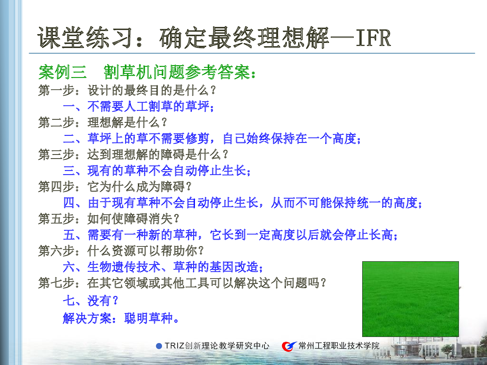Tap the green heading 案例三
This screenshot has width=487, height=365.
pos(63,72)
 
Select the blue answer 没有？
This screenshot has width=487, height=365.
pos(103,301)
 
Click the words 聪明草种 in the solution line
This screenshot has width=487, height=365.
pos(148,318)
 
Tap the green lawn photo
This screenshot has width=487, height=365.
pos(411,299)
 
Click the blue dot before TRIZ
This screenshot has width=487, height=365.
pos(159,346)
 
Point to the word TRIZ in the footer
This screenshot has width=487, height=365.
pos(175,346)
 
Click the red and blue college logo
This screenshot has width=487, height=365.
pos(289,346)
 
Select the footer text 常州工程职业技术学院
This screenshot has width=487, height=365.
pos(339,346)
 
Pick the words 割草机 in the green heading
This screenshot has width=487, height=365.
pos(128,72)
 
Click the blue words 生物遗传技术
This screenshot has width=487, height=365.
pos(123,267)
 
